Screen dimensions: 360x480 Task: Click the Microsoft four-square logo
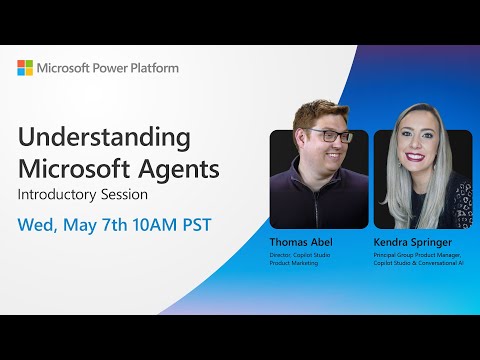tap(25, 67)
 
